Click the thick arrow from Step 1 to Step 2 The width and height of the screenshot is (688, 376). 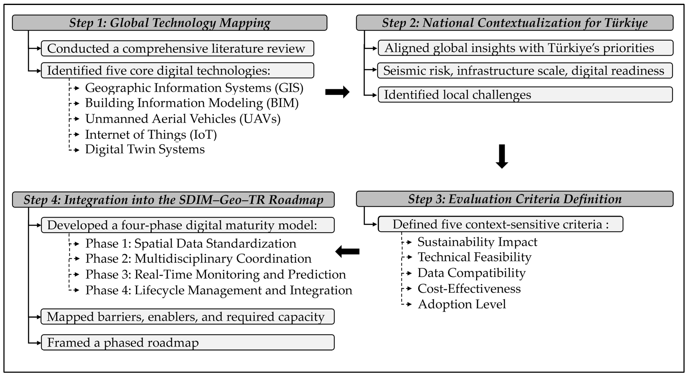pos(337,92)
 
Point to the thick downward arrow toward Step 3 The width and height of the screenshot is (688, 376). pos(502,156)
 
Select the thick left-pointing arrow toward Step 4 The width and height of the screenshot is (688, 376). pos(347,251)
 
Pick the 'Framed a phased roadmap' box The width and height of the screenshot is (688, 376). pos(187,342)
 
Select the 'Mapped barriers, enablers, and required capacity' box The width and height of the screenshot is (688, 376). pos(187,317)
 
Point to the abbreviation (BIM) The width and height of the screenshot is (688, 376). pos(283,103)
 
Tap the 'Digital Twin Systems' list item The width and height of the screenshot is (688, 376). pos(145,149)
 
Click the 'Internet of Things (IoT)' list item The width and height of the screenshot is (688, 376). pos(151,135)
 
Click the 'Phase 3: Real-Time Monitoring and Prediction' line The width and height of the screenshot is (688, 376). pos(215,274)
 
